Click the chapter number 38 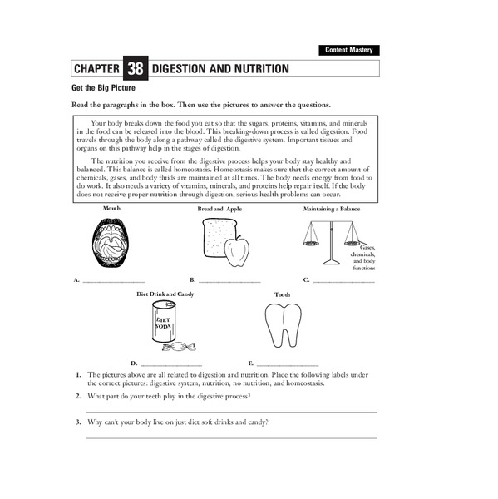pyautogui.click(x=135, y=69)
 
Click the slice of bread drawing pyautogui.click(x=215, y=239)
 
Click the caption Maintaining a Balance pyautogui.click(x=332, y=209)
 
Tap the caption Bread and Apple pyautogui.click(x=219, y=209)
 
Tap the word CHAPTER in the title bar pyautogui.click(x=96, y=69)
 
